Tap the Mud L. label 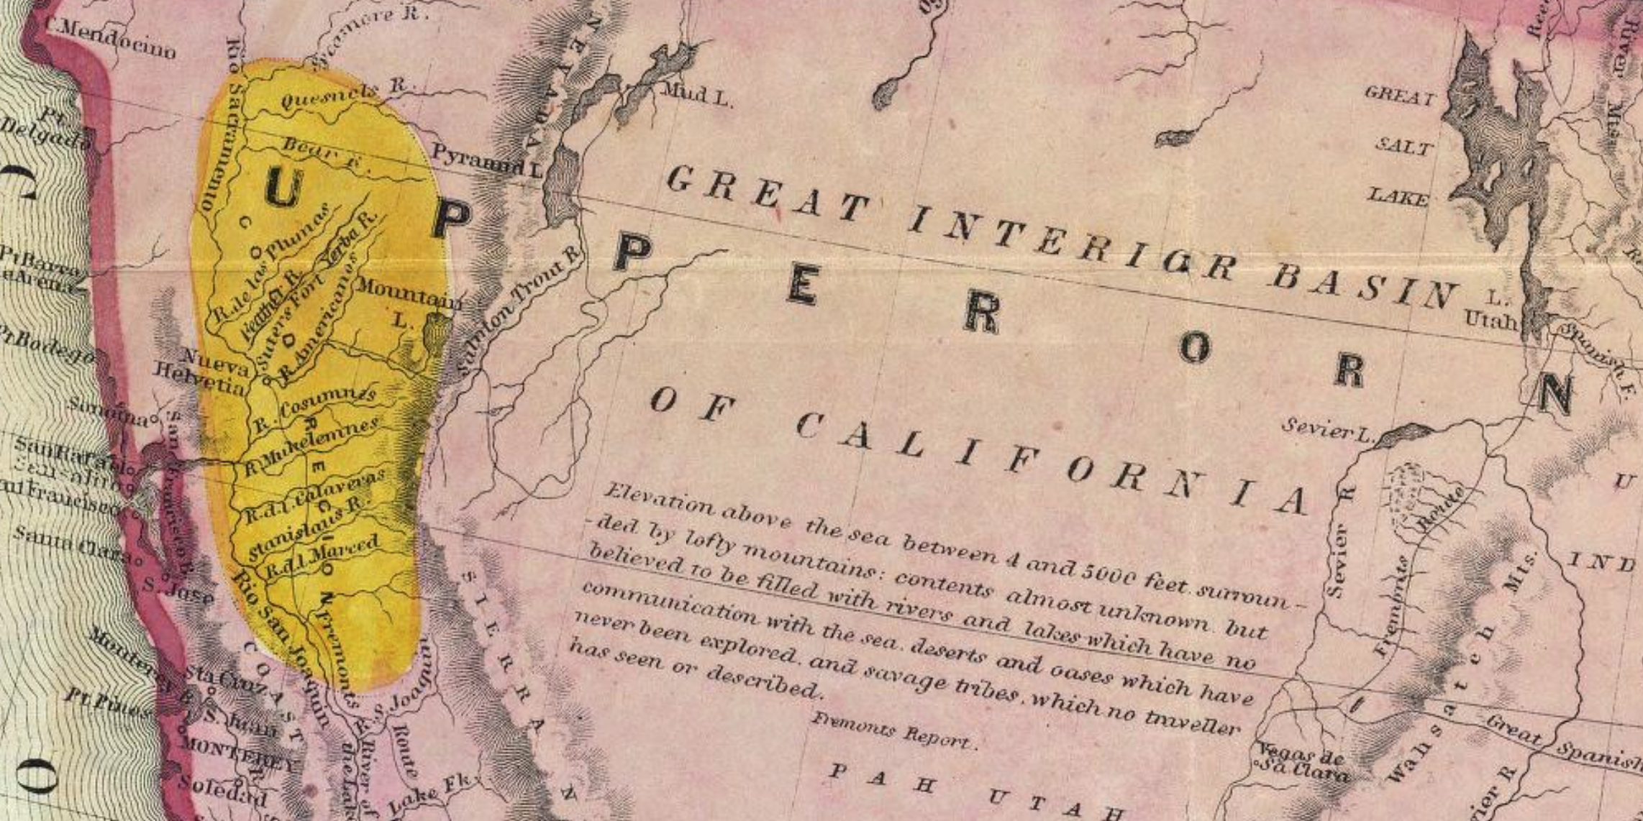tap(696, 94)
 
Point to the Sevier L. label tap(1328, 429)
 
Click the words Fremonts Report tap(893, 730)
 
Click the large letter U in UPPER tap(283, 188)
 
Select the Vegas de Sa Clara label tap(1303, 763)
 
